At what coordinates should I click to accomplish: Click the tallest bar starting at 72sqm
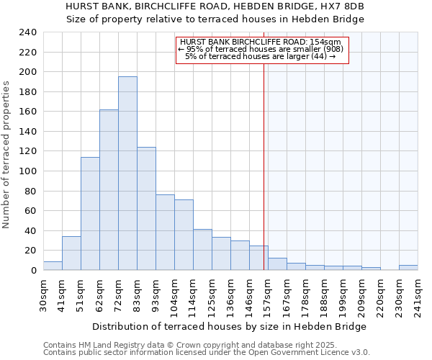[127, 173]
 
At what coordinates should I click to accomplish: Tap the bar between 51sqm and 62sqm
[90, 213]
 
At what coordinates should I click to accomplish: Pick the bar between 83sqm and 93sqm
[146, 209]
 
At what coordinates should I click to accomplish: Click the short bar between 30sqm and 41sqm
[53, 266]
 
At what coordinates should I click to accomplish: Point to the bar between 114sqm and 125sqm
[202, 250]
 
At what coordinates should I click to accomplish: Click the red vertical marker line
[264, 144]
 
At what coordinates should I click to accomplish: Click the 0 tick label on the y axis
[33, 270]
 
